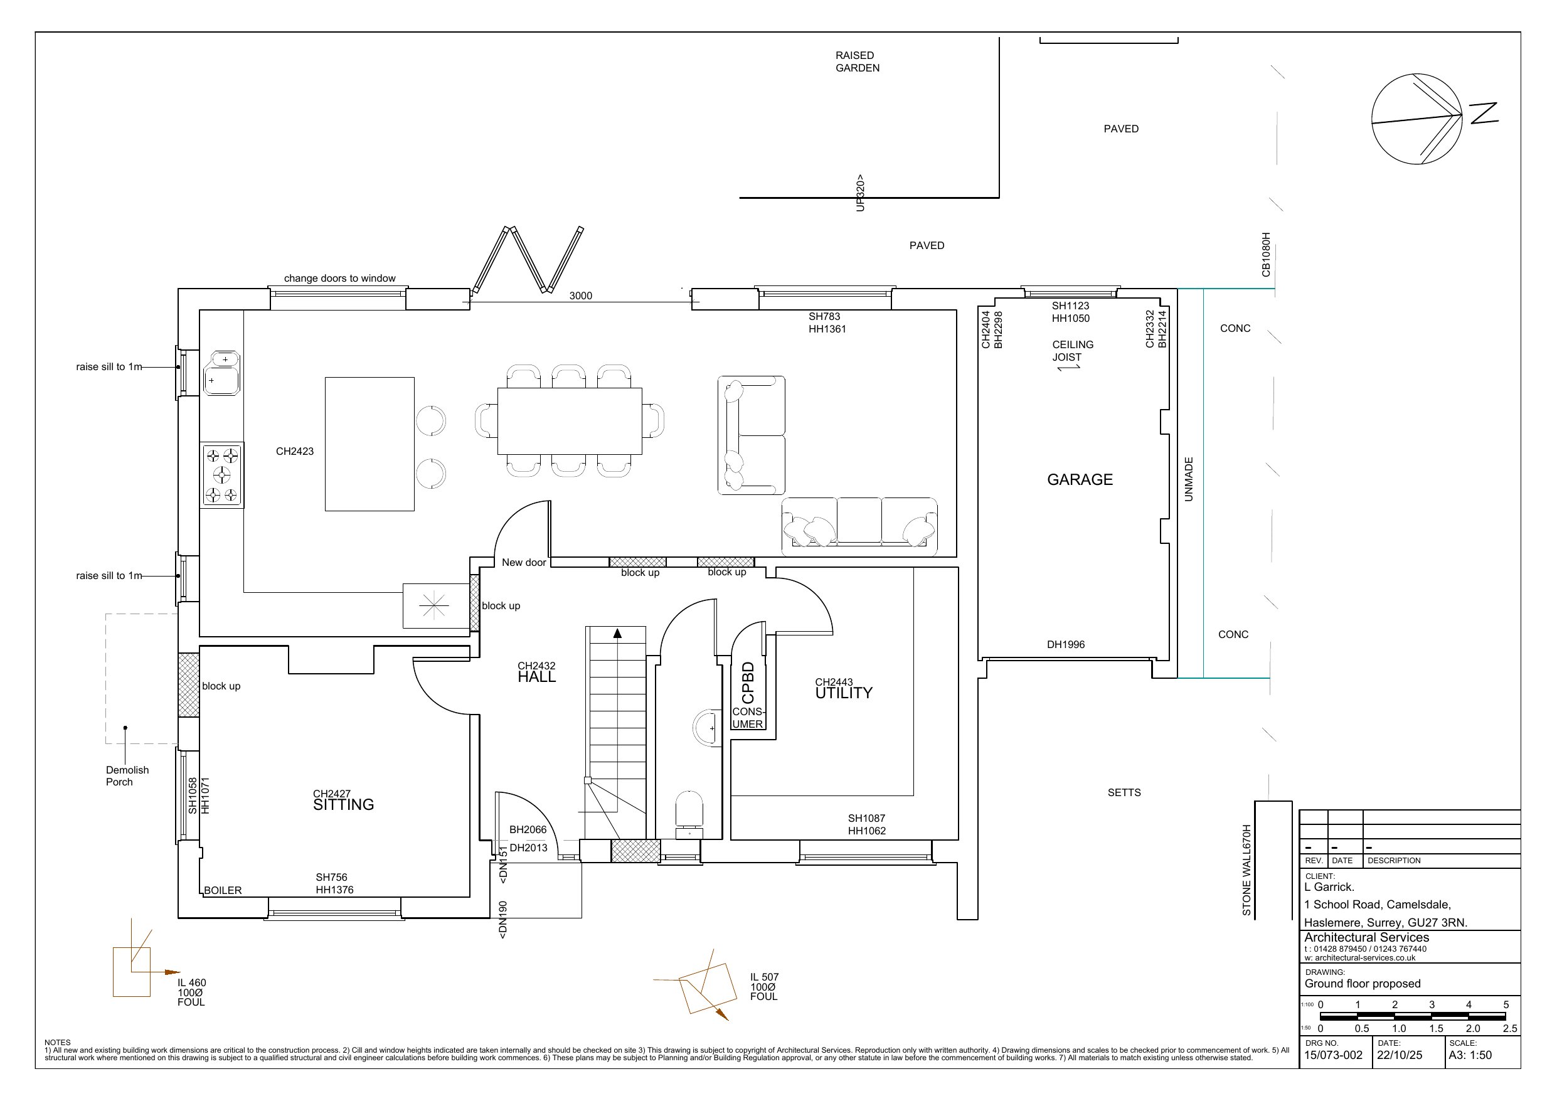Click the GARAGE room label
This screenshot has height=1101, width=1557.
click(1080, 480)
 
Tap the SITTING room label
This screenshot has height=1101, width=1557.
click(343, 804)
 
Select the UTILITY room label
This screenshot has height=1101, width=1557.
click(844, 693)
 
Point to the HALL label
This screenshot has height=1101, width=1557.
click(536, 677)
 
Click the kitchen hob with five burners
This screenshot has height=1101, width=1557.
click(221, 475)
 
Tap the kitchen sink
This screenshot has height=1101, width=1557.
click(221, 373)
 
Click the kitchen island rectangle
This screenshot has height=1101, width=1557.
click(369, 444)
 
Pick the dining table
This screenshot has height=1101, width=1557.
click(570, 422)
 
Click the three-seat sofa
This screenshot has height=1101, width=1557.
click(860, 522)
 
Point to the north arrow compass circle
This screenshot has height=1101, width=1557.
click(1416, 119)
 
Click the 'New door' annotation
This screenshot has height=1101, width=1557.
click(524, 562)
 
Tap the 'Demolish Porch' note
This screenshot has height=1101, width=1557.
click(127, 776)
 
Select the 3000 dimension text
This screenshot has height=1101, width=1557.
click(580, 295)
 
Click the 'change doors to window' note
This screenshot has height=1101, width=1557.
click(340, 278)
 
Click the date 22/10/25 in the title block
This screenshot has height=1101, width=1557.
click(1400, 1055)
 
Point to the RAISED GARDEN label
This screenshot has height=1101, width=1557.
click(857, 61)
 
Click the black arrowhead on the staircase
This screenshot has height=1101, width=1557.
click(617, 633)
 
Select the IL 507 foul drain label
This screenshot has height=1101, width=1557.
click(764, 987)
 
